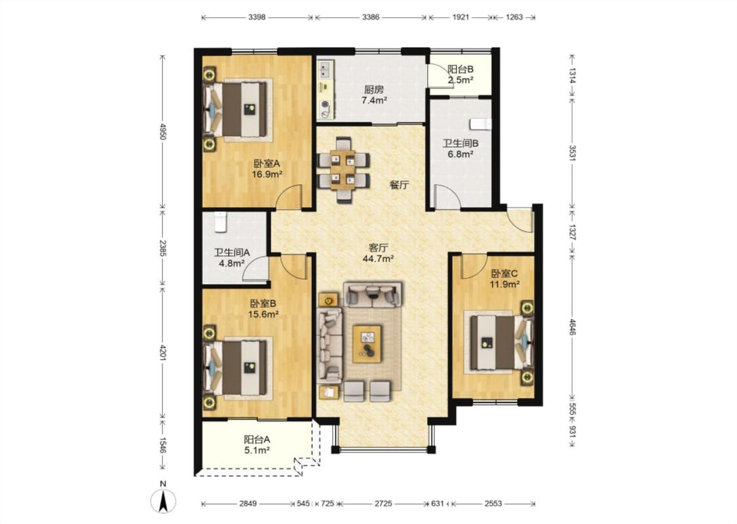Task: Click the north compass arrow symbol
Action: point(163,501)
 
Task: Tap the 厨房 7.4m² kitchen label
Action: point(374,94)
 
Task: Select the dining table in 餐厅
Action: point(343,170)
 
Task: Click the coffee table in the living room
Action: point(367,343)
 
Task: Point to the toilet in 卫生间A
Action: point(220,222)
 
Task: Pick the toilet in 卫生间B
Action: point(480,124)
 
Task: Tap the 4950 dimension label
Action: point(163,132)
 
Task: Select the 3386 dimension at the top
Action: point(371,18)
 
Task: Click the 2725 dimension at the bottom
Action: point(383,503)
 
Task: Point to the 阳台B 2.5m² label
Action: point(460,74)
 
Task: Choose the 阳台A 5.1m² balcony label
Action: point(257,445)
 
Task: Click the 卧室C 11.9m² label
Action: point(505,278)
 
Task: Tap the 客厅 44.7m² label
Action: point(378,253)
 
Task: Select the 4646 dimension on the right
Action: point(572,327)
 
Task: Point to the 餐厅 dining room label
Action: point(399,185)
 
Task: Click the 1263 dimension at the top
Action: point(514,18)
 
